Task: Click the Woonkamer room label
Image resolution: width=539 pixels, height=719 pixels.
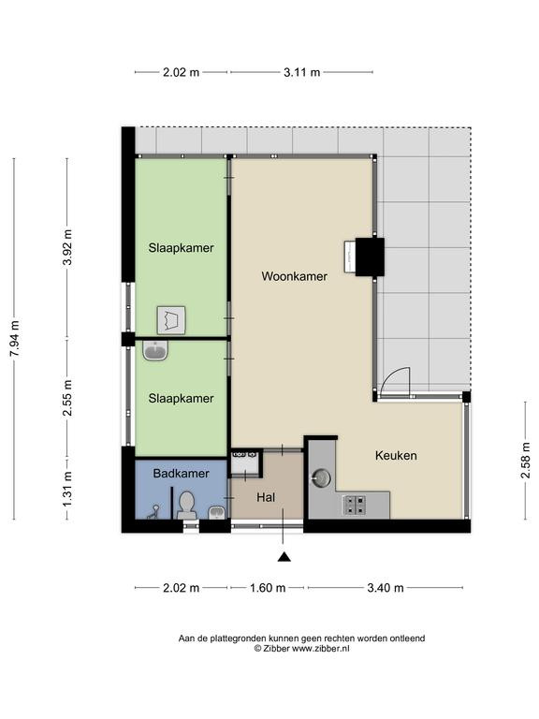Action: point(294,276)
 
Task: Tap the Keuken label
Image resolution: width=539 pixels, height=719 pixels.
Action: point(396,455)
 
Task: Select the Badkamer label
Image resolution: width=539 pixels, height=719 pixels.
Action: point(181,473)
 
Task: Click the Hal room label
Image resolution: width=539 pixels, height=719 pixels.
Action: point(266,497)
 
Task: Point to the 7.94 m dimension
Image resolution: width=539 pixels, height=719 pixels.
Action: point(15,338)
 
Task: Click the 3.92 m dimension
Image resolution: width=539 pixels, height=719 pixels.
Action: point(67,247)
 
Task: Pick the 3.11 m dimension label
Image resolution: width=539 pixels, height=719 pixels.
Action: point(301,72)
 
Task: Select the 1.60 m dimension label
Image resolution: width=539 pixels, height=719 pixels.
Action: point(268,587)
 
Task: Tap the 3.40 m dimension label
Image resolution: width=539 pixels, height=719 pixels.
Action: point(386,587)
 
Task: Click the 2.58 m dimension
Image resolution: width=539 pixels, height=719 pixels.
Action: point(525,460)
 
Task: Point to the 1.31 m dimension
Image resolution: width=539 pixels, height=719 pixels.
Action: point(67,490)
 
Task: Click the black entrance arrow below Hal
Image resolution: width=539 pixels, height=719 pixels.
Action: point(284,557)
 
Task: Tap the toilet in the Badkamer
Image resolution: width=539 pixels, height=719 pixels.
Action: point(186,505)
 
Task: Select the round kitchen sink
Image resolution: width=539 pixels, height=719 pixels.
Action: point(321,477)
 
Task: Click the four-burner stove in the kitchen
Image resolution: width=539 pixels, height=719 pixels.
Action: point(355,505)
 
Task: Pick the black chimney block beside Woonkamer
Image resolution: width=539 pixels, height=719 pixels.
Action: point(370,257)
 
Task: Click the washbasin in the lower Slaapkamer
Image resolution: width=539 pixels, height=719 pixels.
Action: point(155,351)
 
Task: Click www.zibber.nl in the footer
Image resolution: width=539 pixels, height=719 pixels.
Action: point(321,649)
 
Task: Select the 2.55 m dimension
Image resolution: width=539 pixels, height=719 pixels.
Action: point(67,398)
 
